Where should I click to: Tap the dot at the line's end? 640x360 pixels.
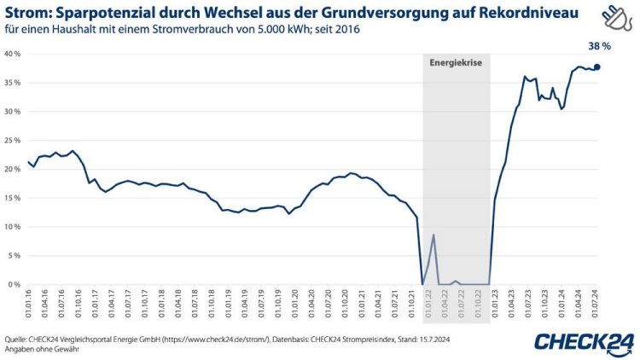click(x=597, y=67)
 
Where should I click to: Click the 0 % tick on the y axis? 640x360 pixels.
click(x=14, y=285)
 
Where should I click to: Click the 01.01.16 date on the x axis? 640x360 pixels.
click(x=29, y=302)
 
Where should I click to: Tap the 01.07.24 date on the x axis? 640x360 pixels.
click(x=596, y=302)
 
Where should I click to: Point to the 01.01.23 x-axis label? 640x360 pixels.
click(x=496, y=302)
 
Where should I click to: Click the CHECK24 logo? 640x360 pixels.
click(x=584, y=341)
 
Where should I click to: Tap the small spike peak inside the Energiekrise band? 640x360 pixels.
click(x=433, y=235)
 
